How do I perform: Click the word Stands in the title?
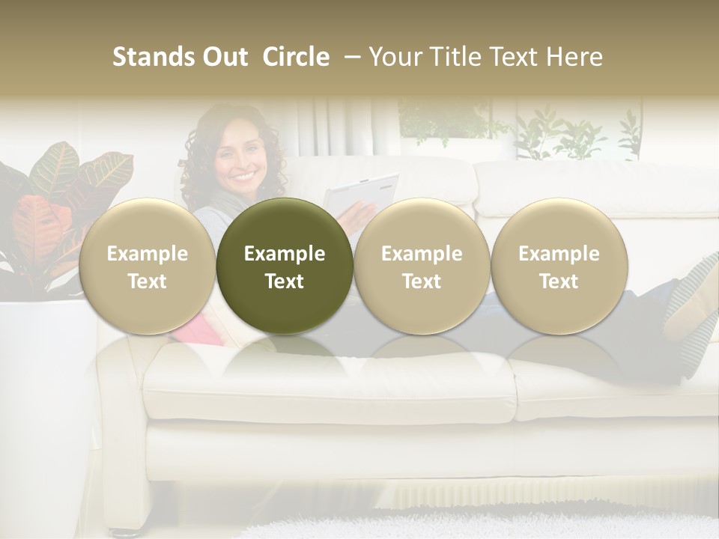point(148,57)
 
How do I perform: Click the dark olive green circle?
point(285,266)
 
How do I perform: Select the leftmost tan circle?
point(147,266)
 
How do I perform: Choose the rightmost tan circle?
point(559,266)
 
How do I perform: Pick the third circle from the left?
point(422,266)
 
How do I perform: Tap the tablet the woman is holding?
point(362,194)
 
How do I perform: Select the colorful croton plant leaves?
point(52,202)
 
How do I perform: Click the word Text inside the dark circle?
point(285,281)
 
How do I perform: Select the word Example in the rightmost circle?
point(559,254)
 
